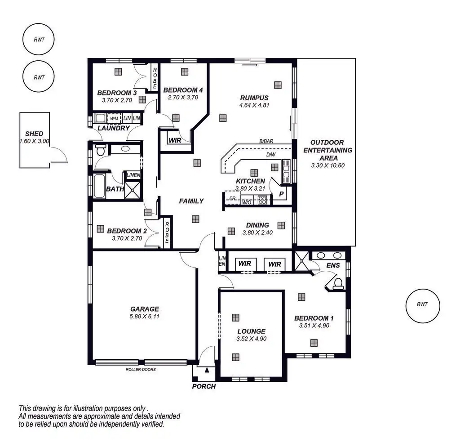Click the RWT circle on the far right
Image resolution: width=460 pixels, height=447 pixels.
pyautogui.click(x=422, y=305)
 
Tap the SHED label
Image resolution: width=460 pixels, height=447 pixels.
pyautogui.click(x=34, y=134)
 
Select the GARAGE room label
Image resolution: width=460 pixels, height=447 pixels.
pyautogui.click(x=145, y=309)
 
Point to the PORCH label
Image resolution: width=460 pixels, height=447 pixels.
pyautogui.click(x=204, y=386)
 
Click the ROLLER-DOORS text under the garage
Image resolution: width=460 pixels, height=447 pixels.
pyautogui.click(x=141, y=370)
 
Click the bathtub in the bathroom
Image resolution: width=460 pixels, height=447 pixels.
pyautogui.click(x=99, y=186)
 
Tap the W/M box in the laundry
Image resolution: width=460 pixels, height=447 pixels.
pyautogui.click(x=114, y=119)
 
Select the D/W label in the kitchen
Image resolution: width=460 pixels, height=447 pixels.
pyautogui.click(x=270, y=155)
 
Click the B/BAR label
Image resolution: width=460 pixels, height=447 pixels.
pyautogui.click(x=266, y=141)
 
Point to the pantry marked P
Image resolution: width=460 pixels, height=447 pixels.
pyautogui.click(x=281, y=194)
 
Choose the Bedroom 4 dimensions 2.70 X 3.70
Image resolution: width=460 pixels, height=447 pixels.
pyautogui.click(x=183, y=97)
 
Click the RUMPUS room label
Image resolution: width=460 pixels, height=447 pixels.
pyautogui.click(x=254, y=98)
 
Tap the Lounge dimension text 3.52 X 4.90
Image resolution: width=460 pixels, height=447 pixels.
pyautogui.click(x=252, y=339)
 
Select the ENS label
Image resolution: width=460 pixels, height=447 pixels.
pyautogui.click(x=333, y=266)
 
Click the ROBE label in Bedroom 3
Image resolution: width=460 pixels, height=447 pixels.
pyautogui.click(x=155, y=77)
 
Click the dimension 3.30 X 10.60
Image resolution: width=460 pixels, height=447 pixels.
pyautogui.click(x=327, y=165)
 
